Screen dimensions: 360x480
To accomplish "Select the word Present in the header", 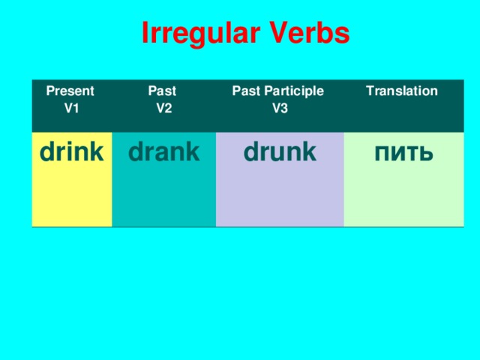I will [x=70, y=91].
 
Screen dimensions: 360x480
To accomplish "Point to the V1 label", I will [x=72, y=108].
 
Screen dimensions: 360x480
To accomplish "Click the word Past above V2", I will [x=162, y=91].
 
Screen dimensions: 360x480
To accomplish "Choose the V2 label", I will [x=164, y=108].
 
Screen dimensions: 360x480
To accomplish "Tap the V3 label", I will [x=279, y=108].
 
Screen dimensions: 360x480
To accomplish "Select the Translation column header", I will [x=401, y=91].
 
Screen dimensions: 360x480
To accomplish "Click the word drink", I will [x=70, y=152].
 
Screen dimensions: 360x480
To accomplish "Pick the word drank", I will [x=163, y=152].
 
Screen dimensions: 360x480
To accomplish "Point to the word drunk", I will [x=280, y=152].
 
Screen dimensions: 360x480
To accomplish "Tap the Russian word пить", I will [x=403, y=153].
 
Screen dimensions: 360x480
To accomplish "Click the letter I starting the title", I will [x=145, y=34].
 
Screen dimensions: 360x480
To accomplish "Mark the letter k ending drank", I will [x=193, y=152].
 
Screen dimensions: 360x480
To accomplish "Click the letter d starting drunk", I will [x=251, y=152].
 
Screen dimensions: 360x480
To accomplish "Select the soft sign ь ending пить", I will [x=425, y=154].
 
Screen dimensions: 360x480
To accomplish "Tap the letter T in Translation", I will [x=368, y=91].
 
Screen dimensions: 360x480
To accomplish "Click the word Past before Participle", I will [x=245, y=91].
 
